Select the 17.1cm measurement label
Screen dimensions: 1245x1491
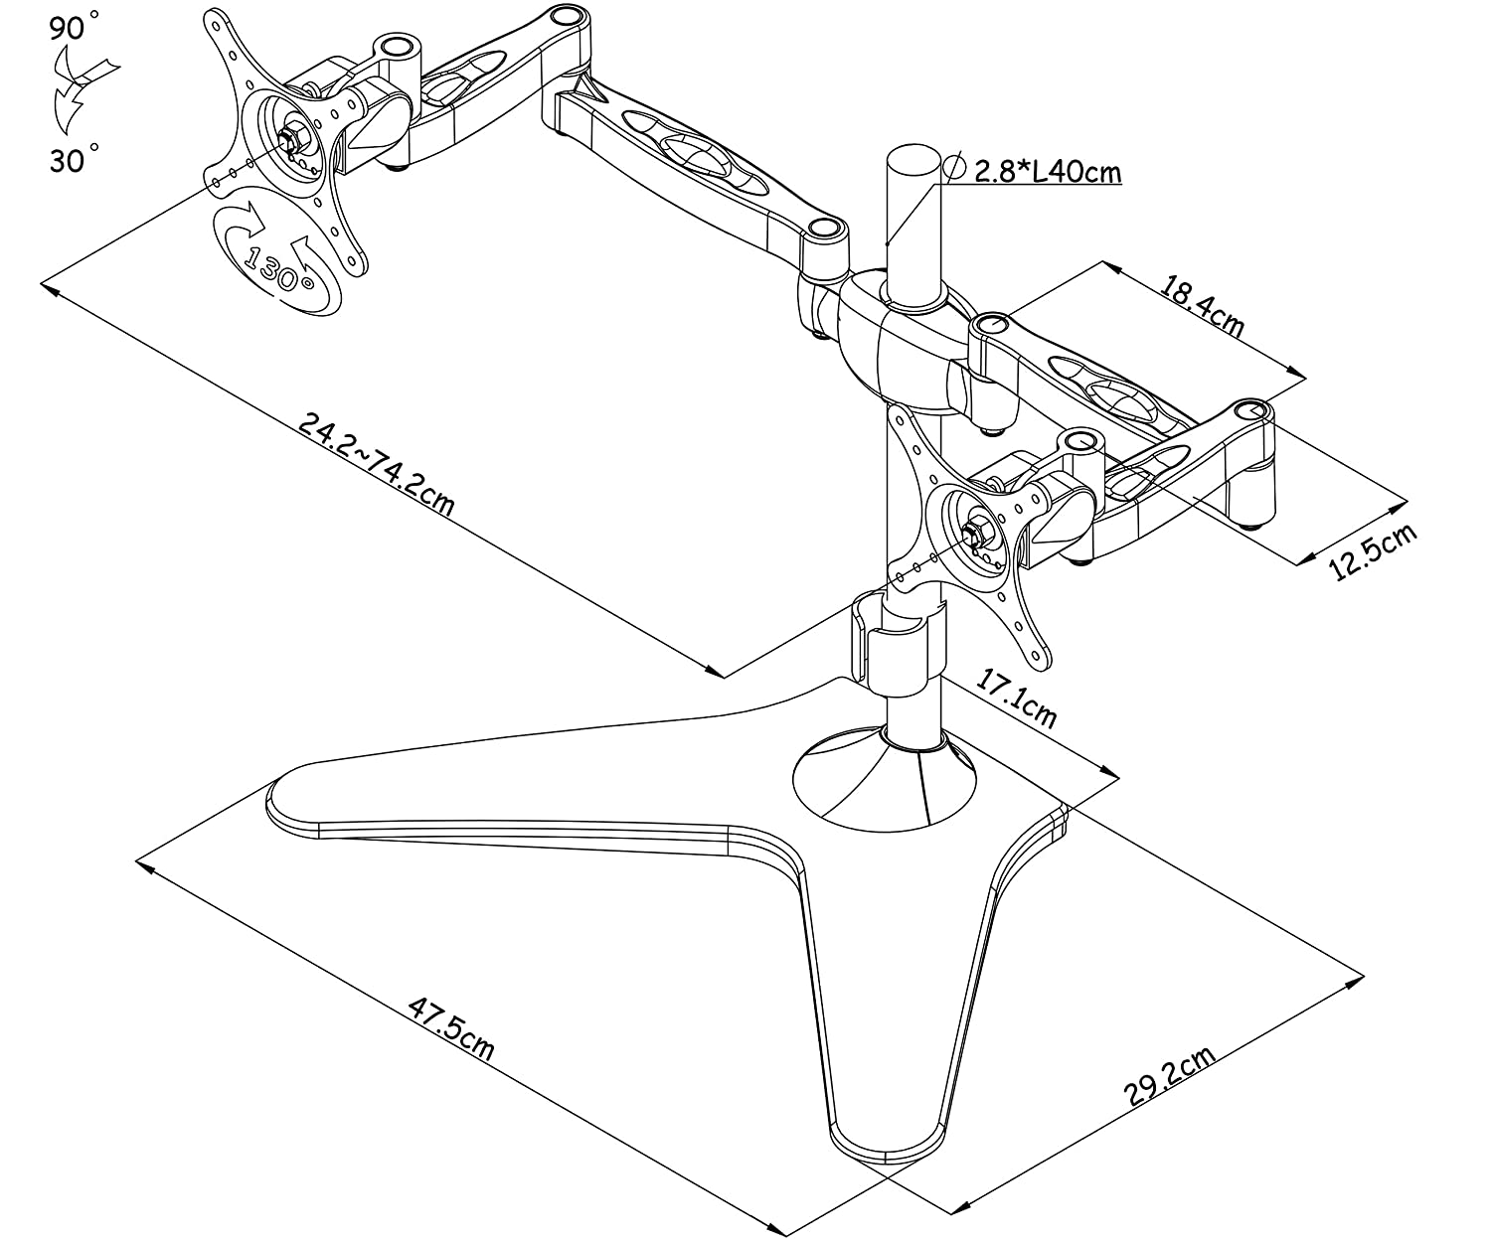click(x=1016, y=701)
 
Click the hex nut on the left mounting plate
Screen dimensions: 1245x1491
click(x=294, y=139)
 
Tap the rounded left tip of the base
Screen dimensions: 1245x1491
click(x=288, y=795)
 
